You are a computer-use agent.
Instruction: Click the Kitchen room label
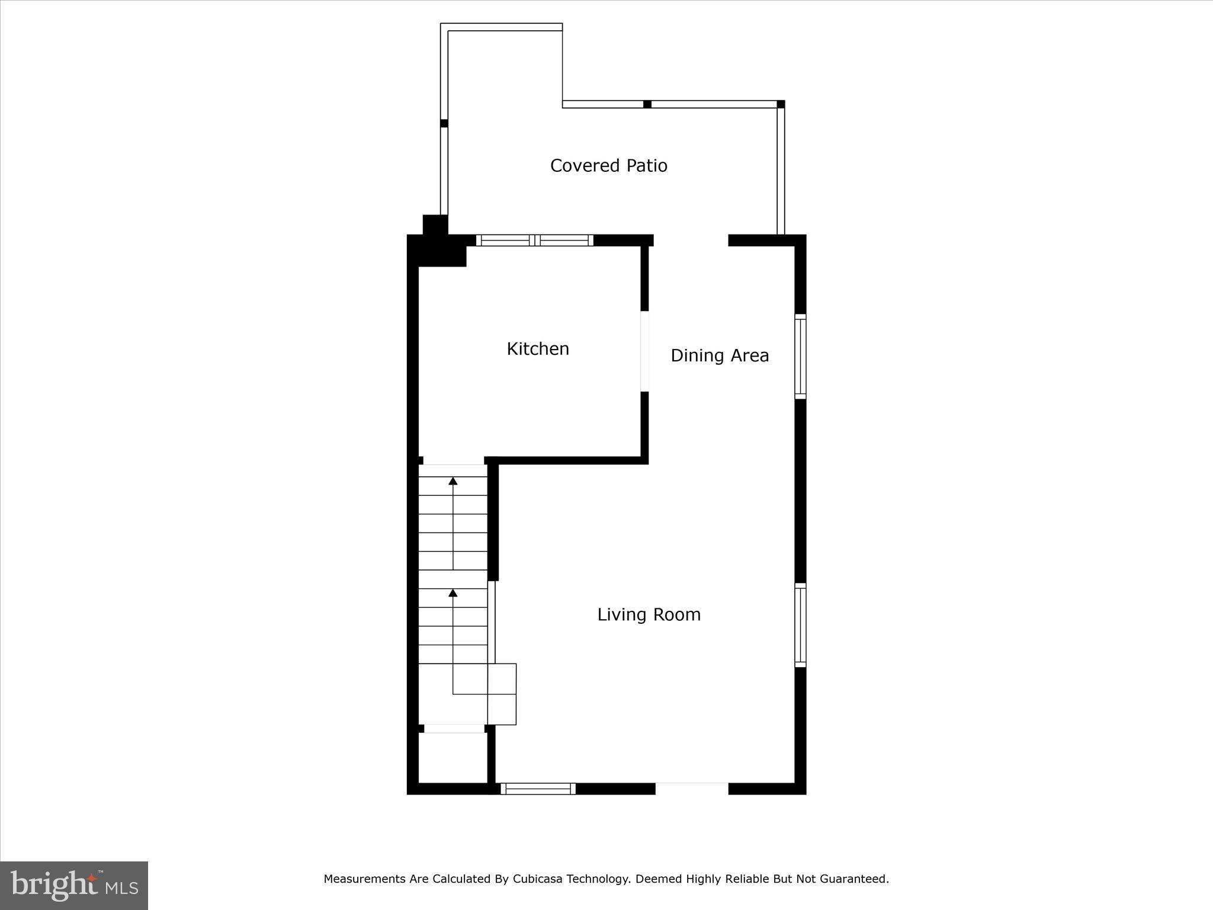click(x=538, y=348)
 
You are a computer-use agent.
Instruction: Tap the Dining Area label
click(x=719, y=355)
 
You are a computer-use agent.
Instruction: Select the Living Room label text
click(x=649, y=614)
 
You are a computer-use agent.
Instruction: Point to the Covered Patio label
click(x=608, y=165)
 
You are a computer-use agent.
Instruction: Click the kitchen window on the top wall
click(x=534, y=240)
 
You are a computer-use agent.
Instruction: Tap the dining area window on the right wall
click(x=800, y=356)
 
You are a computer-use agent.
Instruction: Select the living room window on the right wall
click(x=800, y=625)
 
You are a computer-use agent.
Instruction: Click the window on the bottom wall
click(x=538, y=789)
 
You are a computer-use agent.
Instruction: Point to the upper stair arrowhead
click(x=453, y=480)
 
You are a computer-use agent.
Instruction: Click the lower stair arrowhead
click(x=453, y=592)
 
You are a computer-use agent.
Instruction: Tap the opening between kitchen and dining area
click(x=644, y=351)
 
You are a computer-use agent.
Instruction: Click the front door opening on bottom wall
click(x=691, y=788)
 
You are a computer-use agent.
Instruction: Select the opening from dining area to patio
click(x=691, y=240)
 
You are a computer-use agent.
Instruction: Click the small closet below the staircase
click(x=453, y=758)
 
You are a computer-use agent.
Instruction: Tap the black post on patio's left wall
click(x=444, y=123)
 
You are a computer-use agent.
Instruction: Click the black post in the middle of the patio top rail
click(x=647, y=104)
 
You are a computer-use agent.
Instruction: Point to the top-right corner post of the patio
click(x=781, y=104)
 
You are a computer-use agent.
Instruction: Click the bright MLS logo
click(x=74, y=885)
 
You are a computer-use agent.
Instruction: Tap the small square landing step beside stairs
click(x=502, y=678)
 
